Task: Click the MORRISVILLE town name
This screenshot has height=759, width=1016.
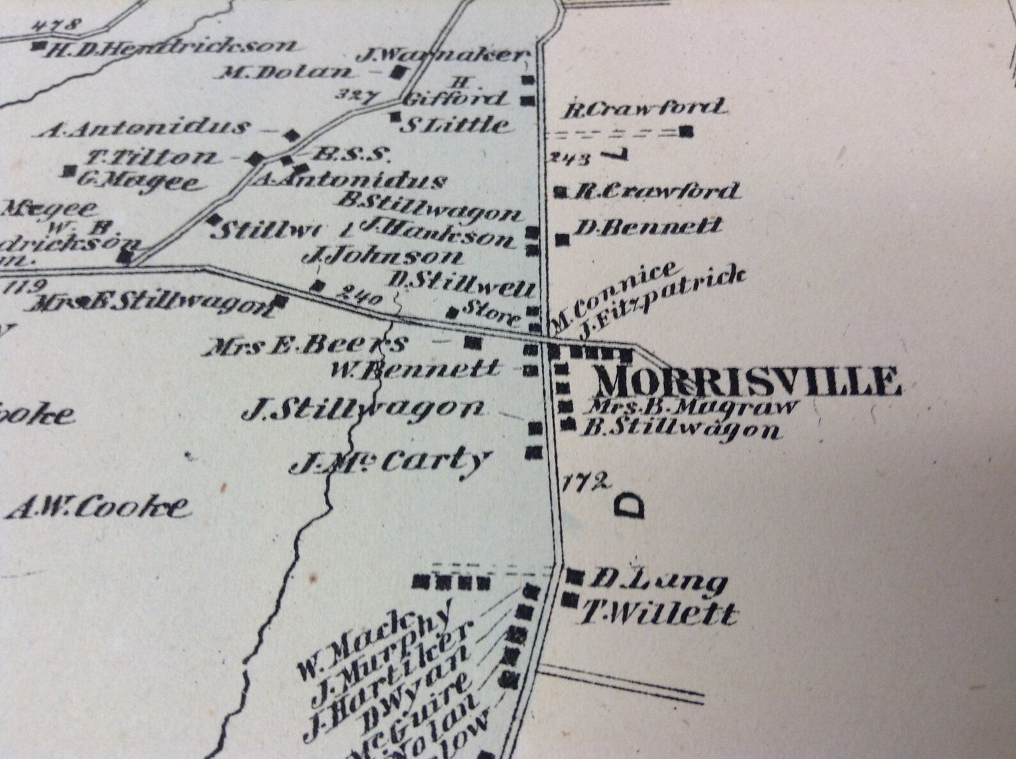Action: click(747, 381)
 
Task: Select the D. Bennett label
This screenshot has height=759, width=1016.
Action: click(649, 226)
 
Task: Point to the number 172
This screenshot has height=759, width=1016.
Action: click(585, 481)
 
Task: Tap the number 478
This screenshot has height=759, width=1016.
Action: click(57, 26)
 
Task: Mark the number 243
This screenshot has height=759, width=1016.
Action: click(569, 158)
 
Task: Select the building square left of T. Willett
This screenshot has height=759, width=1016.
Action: click(568, 600)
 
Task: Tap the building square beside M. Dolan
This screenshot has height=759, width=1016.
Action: click(400, 72)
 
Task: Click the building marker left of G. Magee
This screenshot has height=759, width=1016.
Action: click(68, 171)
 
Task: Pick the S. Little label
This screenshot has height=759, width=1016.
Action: click(456, 124)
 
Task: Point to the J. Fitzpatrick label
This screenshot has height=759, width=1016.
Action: click(662, 300)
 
